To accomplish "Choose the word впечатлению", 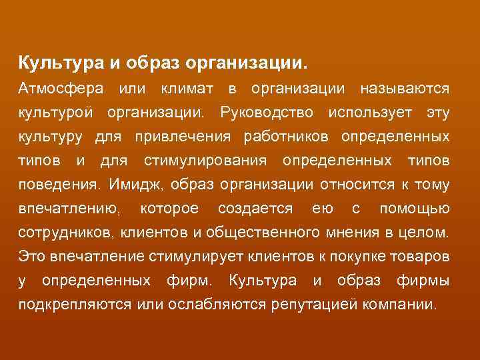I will (69, 209).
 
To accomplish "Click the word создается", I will (255, 209).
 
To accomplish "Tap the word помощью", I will (414, 209).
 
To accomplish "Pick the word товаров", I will (424, 257).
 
